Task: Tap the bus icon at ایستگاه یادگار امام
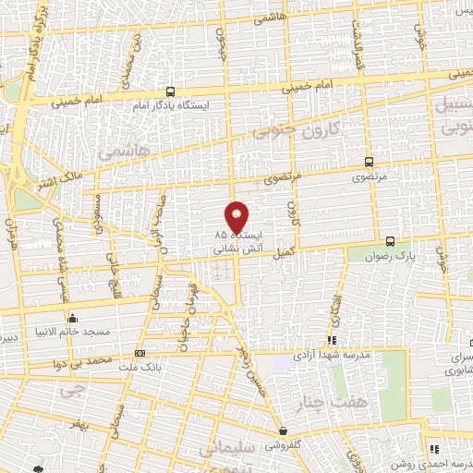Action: (x=170, y=91)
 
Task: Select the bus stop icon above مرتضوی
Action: (x=370, y=161)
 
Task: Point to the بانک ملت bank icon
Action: (x=139, y=353)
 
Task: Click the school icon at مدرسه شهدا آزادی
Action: (x=332, y=341)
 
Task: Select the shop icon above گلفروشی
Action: (x=284, y=431)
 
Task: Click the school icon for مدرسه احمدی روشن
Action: (x=433, y=449)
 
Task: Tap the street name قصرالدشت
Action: (x=358, y=51)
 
